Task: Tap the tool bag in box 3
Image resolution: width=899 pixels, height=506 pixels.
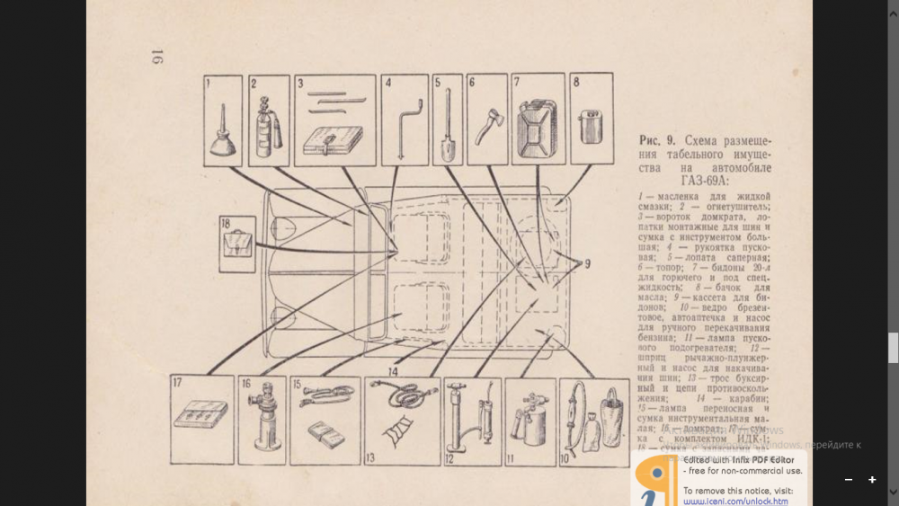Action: pos(332,140)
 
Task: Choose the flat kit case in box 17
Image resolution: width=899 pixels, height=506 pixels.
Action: pos(200,416)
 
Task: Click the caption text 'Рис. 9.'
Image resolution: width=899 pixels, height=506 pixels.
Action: pos(657,141)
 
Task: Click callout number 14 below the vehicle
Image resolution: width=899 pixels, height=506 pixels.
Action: pos(393,370)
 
